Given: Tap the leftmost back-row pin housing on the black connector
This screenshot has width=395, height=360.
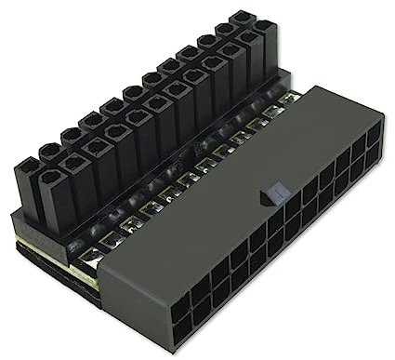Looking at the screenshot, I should [x=25, y=167].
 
